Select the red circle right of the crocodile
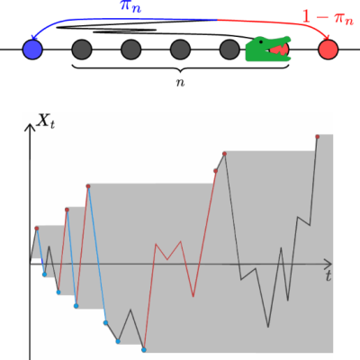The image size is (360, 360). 328,49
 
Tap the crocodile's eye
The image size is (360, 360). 273,41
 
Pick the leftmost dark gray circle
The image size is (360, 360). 82,49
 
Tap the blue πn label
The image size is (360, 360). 131,6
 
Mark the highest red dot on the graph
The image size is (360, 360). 318,136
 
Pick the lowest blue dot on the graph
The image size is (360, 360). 143,349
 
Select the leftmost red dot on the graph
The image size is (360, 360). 37,229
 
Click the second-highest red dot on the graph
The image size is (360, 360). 223,154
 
